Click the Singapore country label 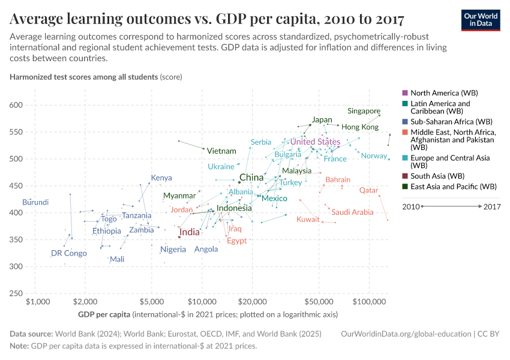tap(364, 111)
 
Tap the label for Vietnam tap(221, 151)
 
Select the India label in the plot tap(190, 232)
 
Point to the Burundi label tap(35, 202)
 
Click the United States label tap(315, 142)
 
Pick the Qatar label tap(368, 190)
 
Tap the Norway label tap(374, 156)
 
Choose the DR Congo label tap(68, 253)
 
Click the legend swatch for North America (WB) tap(404, 93)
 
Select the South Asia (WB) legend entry tap(437, 176)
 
